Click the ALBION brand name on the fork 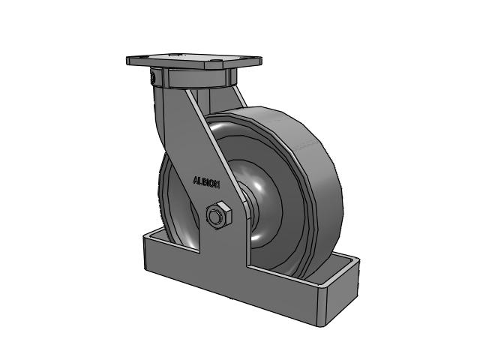pyautogui.click(x=206, y=181)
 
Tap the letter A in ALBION pyautogui.click(x=196, y=180)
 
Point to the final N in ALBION pyautogui.click(x=217, y=184)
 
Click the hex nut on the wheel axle pyautogui.click(x=218, y=214)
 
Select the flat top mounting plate pyautogui.click(x=194, y=61)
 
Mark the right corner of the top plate pyautogui.click(x=261, y=58)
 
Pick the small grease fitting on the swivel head pyautogui.click(x=152, y=77)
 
